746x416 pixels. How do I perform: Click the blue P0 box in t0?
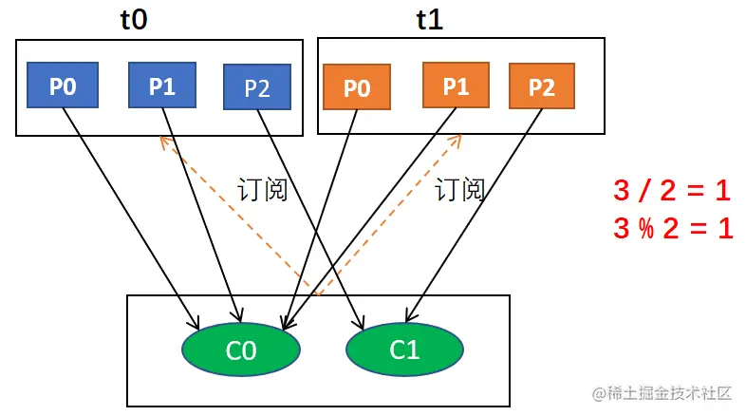coord(62,86)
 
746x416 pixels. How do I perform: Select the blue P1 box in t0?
coord(161,85)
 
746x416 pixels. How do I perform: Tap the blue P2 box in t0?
coord(256,88)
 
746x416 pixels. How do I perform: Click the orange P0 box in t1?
coord(356,88)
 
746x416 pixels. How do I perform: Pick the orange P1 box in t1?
coord(456,86)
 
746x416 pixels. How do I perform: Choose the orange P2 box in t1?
coord(541,87)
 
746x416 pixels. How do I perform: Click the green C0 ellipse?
coord(241,350)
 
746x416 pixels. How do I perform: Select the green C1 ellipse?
coord(404,350)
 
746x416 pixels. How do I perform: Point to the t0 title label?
coord(134,21)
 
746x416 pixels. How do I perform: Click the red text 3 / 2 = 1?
coord(672,191)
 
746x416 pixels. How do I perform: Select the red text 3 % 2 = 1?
coord(672,229)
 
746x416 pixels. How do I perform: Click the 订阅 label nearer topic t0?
coord(262,190)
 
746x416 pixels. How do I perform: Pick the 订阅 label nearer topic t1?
coord(460,190)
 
